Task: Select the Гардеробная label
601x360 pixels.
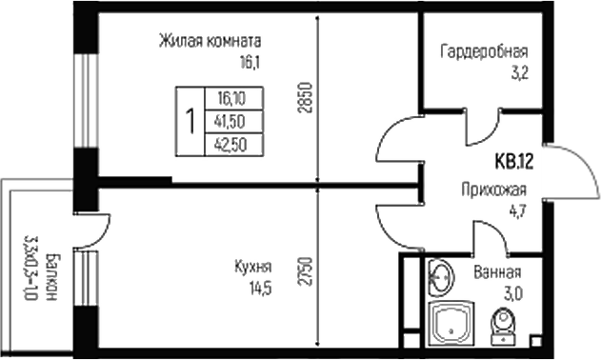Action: (483, 50)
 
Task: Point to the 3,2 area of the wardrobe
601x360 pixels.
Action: (517, 70)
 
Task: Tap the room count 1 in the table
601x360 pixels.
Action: (190, 121)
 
